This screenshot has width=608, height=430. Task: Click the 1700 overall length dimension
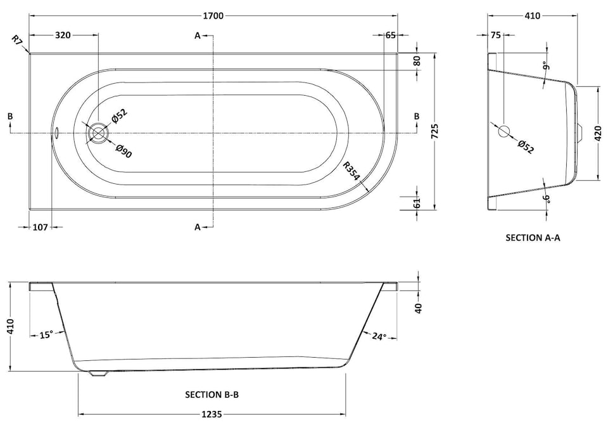[x=214, y=16]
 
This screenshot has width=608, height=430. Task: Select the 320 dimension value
[x=62, y=36]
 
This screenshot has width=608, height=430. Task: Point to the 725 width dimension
[x=434, y=131]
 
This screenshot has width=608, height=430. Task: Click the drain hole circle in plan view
[x=98, y=133]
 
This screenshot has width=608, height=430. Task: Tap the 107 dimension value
[x=39, y=226]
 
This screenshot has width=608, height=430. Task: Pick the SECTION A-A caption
[x=533, y=238]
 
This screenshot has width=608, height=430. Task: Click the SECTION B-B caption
[x=212, y=394]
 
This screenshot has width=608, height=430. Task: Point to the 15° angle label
[x=45, y=334]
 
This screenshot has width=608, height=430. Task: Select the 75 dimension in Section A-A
[x=495, y=36]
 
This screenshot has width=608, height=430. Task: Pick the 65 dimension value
[x=390, y=36]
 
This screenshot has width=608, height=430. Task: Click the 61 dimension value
[x=417, y=202]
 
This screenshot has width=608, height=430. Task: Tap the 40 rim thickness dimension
[x=418, y=308]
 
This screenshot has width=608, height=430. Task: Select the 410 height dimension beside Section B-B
[x=10, y=327]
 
